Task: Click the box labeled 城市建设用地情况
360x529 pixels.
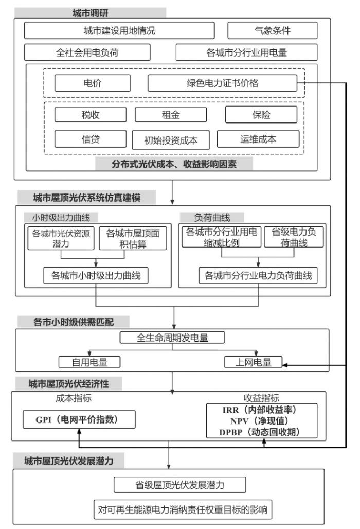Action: tap(119, 31)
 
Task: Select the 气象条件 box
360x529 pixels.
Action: tap(272, 31)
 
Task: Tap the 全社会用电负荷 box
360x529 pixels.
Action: tap(87, 52)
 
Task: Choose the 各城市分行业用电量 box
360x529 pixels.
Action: tap(246, 52)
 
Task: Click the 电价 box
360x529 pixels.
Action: tap(93, 83)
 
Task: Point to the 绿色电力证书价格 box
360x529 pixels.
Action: tap(222, 83)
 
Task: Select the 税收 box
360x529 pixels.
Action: tap(91, 115)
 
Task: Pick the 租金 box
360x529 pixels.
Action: tap(171, 115)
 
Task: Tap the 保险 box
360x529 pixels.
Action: tap(261, 115)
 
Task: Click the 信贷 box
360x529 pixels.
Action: tap(91, 138)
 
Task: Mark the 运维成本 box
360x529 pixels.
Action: tap(258, 138)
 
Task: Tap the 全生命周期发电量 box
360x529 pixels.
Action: tap(172, 338)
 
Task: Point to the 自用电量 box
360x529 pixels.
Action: tap(89, 362)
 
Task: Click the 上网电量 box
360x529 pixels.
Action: tap(253, 362)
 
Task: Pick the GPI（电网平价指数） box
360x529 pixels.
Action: tap(78, 420)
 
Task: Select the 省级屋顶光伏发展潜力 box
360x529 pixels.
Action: tap(179, 485)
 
